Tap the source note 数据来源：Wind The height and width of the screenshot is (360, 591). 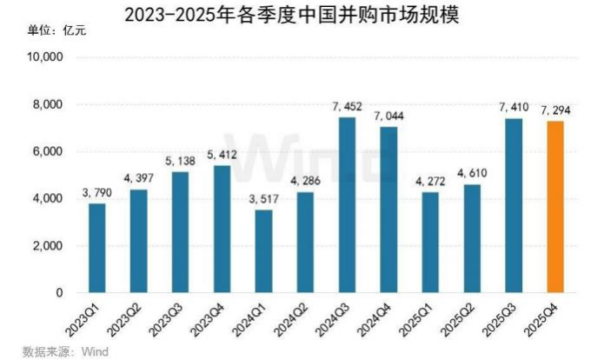[61, 351]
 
